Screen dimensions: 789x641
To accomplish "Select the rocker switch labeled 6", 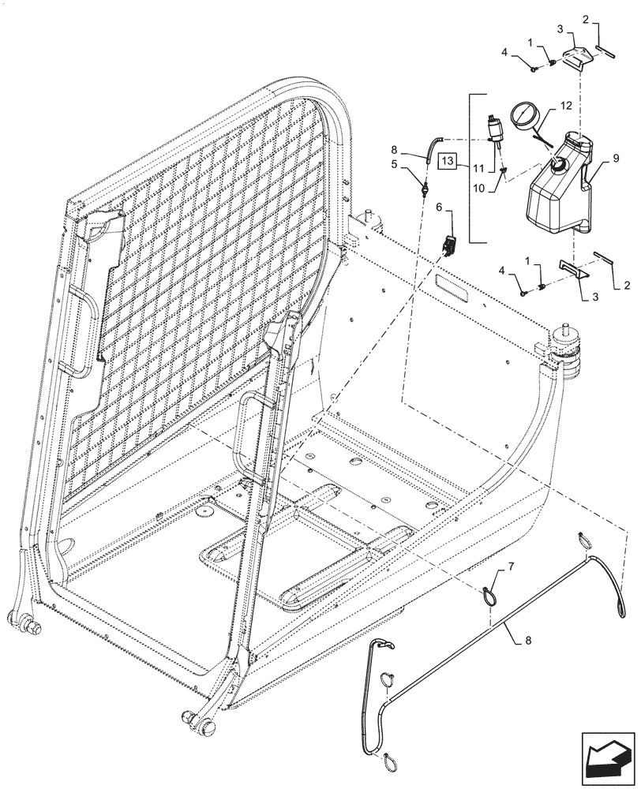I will tap(451, 245).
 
